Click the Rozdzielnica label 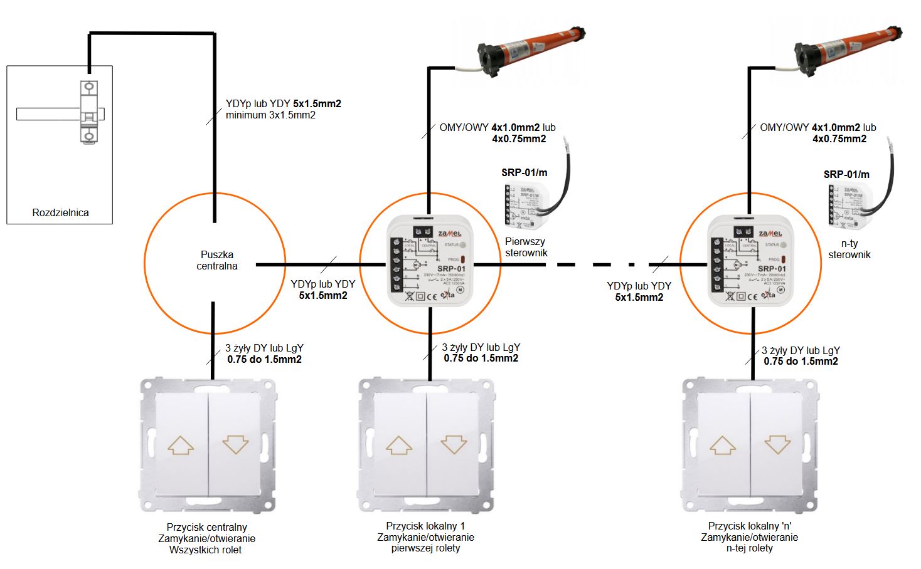pos(60,212)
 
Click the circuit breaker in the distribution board pos(89,113)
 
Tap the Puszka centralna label pos(217,260)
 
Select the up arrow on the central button pos(181,445)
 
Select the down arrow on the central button pos(235,445)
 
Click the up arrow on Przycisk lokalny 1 pos(399,445)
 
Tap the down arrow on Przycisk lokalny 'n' pos(777,445)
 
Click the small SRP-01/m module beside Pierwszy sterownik pos(526,206)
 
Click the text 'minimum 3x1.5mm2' pos(270,115)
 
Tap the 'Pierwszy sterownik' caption pos(526,247)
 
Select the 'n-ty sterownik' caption pos(849,249)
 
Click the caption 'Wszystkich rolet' pos(205,550)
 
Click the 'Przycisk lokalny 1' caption pos(425,526)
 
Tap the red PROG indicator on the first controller pos(463,259)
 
